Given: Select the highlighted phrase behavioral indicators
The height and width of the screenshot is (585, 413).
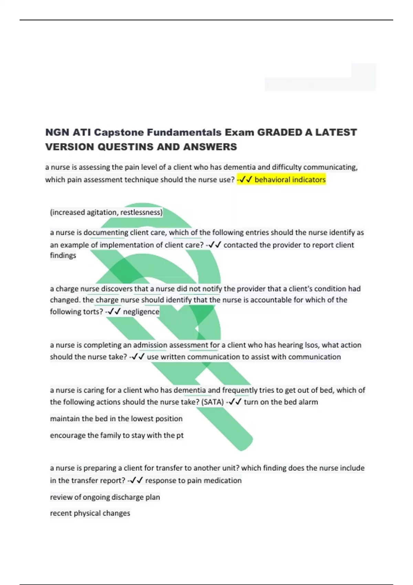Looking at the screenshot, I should (x=290, y=180).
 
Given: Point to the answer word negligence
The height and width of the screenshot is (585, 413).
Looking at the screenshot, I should (x=141, y=312).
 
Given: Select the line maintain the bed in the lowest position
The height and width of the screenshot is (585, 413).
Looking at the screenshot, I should (x=116, y=419).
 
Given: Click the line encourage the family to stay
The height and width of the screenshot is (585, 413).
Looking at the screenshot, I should (x=117, y=435).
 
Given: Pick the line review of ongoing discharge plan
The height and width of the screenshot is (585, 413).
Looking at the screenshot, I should (x=105, y=497).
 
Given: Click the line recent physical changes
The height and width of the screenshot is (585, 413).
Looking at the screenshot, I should (x=90, y=513).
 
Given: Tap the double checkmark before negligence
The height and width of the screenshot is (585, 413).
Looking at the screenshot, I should (x=114, y=312).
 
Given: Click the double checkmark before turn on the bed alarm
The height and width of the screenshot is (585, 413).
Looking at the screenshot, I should (x=235, y=402).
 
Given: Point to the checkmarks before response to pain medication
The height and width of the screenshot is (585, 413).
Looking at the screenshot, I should (x=136, y=480).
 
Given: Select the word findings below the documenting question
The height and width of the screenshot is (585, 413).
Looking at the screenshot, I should (x=63, y=255).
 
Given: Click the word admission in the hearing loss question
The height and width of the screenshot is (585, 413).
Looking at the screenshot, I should (x=150, y=345).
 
